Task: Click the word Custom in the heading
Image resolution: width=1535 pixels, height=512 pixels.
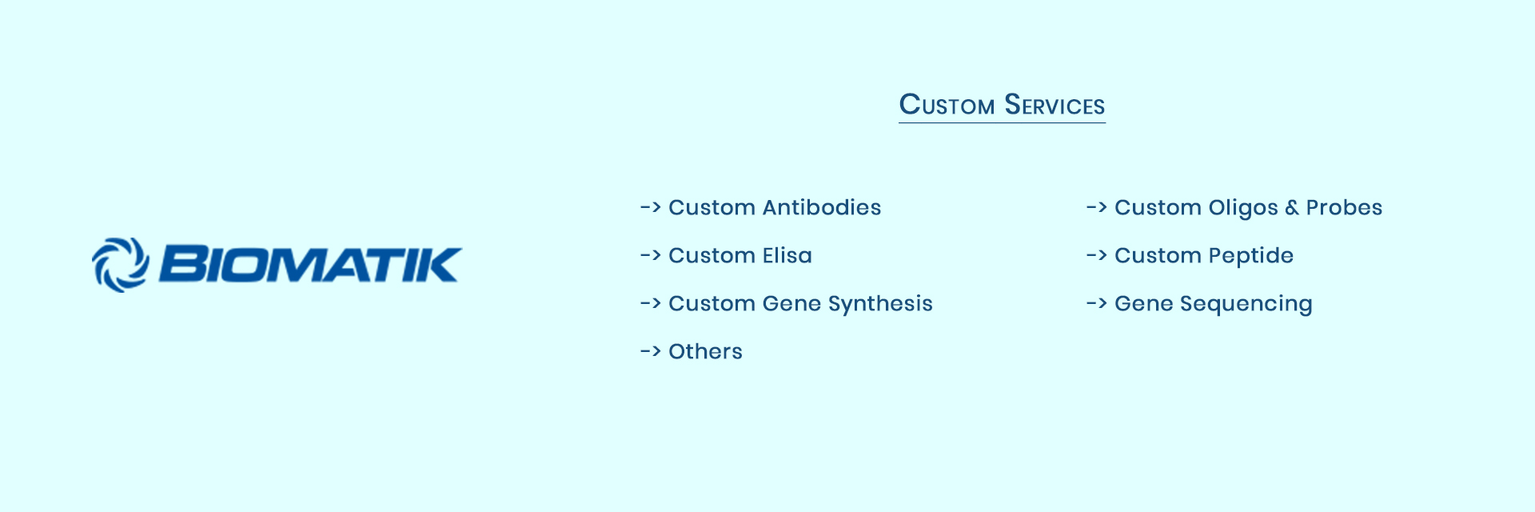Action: point(947,105)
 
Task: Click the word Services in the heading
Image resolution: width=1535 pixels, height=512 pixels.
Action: point(1055,105)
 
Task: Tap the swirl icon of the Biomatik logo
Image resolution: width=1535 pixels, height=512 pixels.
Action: point(121,265)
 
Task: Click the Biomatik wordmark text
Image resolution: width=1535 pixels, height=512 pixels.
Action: point(310,265)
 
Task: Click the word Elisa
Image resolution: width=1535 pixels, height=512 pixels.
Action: point(787,255)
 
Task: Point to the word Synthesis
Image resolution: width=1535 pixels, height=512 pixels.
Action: point(880,304)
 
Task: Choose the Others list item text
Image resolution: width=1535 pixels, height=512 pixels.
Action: point(705,351)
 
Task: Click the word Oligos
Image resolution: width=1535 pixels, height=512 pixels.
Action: point(1242,208)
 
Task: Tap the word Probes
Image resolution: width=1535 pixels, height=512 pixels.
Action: point(1344,207)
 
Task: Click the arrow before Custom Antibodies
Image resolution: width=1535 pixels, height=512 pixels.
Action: point(650,207)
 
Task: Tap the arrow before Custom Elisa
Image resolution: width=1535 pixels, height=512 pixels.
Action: point(650,255)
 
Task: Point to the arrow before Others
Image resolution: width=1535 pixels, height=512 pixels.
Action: point(650,351)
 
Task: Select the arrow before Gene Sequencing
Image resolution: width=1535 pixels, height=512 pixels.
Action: point(1096,303)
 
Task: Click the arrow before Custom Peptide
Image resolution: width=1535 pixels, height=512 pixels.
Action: point(1096,255)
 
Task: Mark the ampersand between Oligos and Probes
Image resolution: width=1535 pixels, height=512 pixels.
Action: point(1292,208)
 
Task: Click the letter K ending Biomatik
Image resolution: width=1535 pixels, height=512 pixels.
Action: point(442,265)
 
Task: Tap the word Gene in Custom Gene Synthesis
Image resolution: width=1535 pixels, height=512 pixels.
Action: point(791,303)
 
